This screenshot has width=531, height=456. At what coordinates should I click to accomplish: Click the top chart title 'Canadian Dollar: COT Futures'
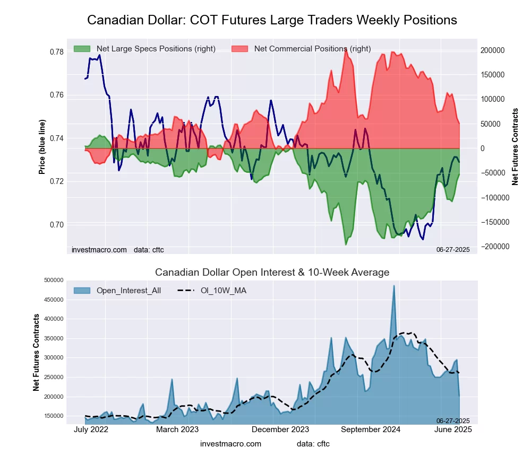(272, 20)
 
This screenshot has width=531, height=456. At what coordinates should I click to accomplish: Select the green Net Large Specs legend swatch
(82, 49)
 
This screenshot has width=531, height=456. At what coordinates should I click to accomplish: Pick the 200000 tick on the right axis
(493, 50)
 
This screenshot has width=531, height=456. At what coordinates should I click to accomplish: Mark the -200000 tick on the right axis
(493, 247)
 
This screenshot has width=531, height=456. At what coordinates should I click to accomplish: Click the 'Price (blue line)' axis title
(42, 147)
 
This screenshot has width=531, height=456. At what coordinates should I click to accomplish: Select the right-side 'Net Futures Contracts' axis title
(515, 147)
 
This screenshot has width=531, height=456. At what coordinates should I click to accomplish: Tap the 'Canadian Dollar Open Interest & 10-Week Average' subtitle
(272, 273)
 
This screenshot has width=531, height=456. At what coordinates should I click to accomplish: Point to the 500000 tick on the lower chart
(54, 280)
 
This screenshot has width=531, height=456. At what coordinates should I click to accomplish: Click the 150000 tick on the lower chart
(54, 416)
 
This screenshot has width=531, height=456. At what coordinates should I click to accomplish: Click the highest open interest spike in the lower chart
(394, 286)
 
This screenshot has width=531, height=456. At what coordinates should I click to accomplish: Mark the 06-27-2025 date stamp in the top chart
(453, 249)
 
